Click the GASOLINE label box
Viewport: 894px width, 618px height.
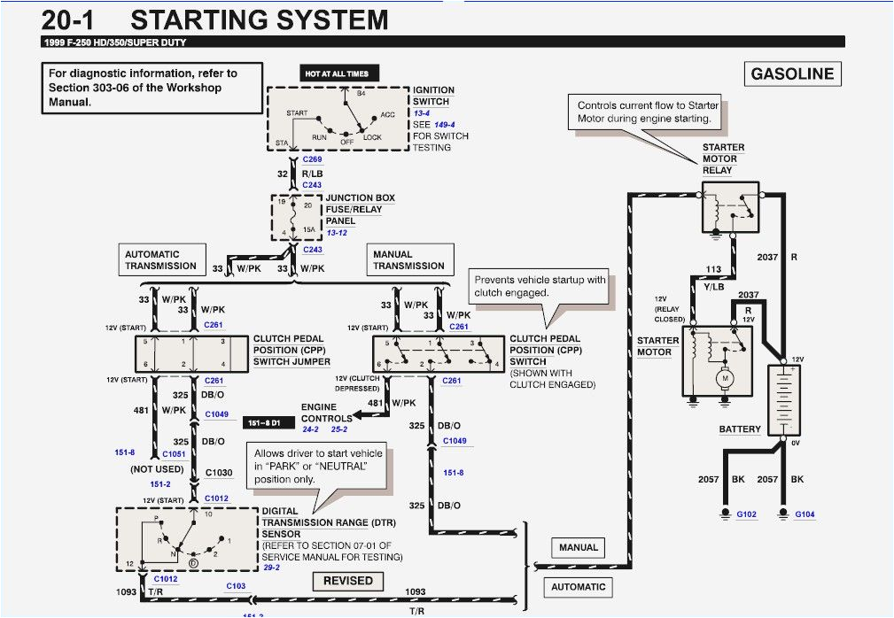coord(792,73)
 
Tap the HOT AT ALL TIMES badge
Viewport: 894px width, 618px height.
coord(336,73)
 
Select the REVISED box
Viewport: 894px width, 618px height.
coord(347,581)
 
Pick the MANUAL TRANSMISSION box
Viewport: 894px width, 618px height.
coord(408,260)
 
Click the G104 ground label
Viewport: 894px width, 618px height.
coord(805,514)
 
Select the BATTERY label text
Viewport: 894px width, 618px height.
coord(740,429)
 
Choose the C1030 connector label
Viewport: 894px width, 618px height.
coord(219,473)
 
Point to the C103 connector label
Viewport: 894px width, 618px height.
coord(236,586)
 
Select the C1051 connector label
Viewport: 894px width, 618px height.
coord(173,452)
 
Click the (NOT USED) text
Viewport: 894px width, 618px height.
coord(157,469)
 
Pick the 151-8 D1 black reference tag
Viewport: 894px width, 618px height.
coord(264,423)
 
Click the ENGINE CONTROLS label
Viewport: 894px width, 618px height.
coord(326,413)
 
